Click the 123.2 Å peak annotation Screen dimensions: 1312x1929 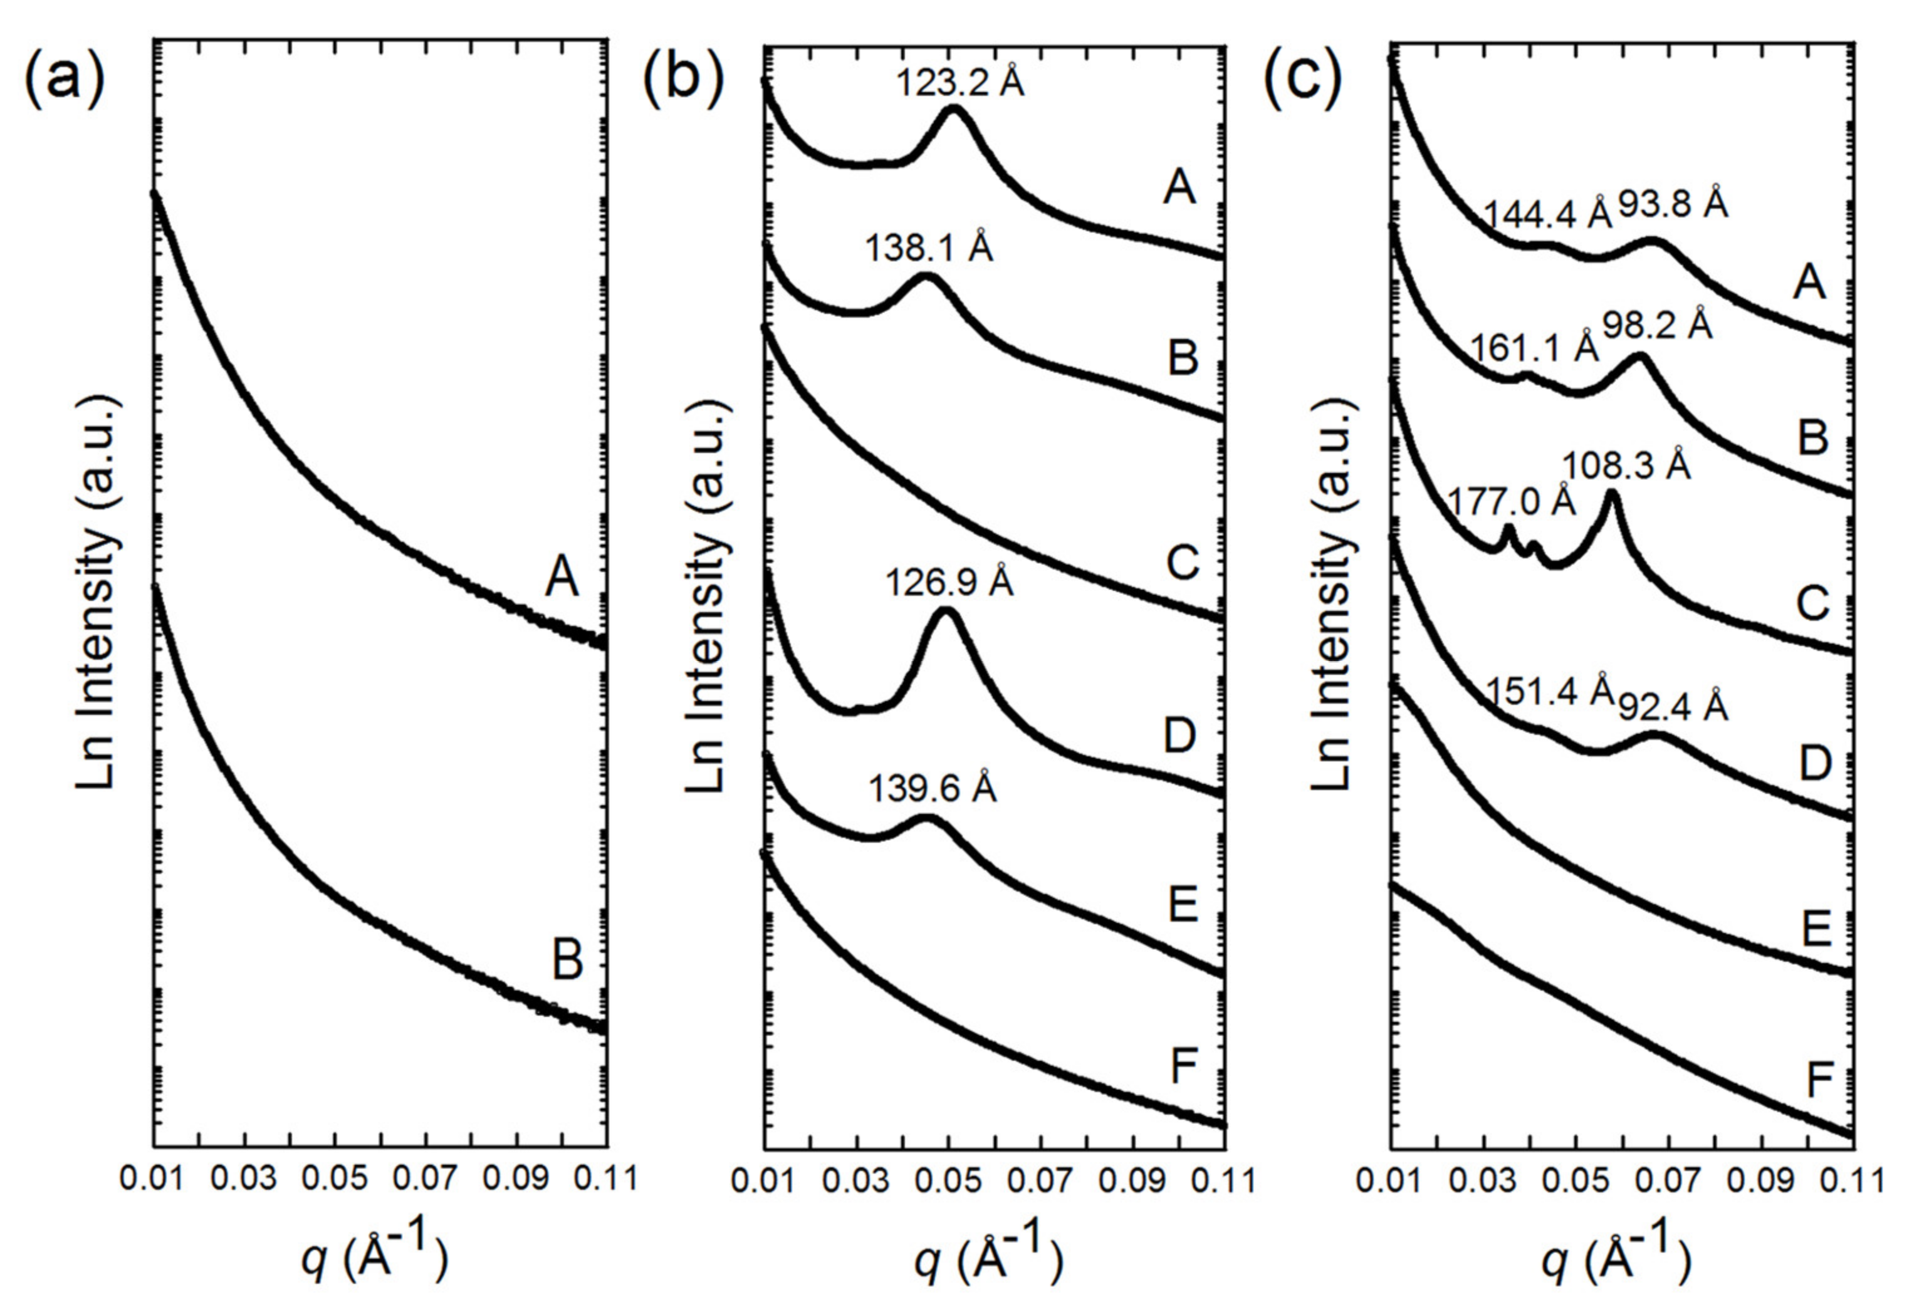959,83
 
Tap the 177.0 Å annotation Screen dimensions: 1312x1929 1510,502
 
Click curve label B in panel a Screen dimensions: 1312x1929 568,961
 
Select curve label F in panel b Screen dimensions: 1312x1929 1184,1066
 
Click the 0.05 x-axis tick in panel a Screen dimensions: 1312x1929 333,1179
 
